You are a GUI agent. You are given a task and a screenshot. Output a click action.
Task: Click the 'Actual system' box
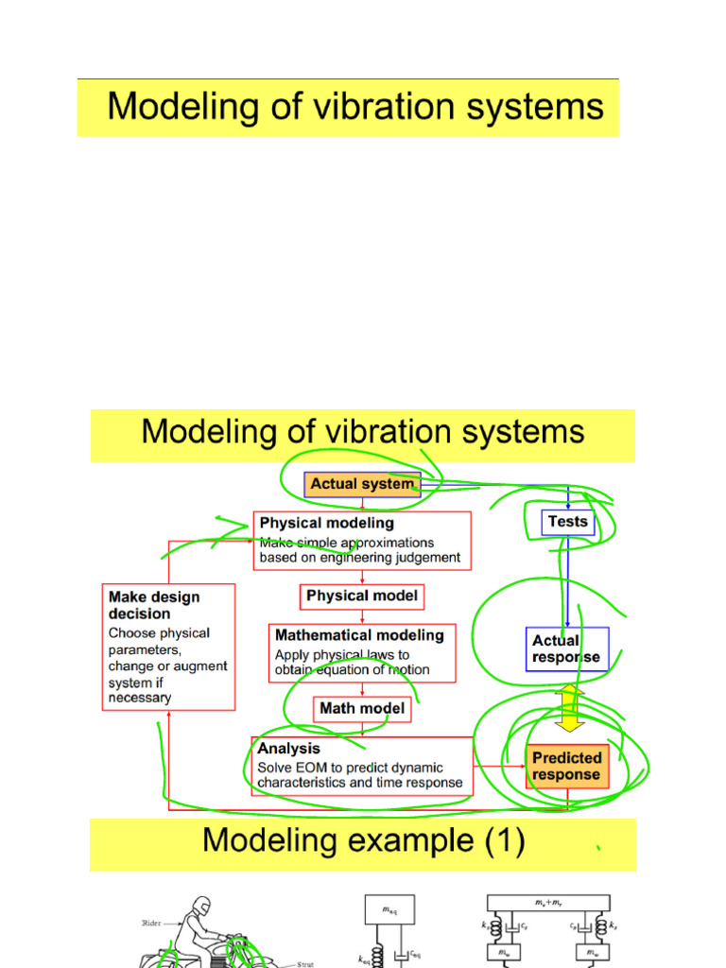pos(362,484)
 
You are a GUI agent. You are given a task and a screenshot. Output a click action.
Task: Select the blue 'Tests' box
pos(567,522)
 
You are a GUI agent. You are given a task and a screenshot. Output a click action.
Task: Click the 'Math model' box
pos(362,708)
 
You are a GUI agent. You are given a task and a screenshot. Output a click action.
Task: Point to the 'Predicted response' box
pos(567,766)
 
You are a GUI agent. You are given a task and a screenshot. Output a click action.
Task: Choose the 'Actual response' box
pos(566,648)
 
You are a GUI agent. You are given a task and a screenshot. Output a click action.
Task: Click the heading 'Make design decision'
pos(154,605)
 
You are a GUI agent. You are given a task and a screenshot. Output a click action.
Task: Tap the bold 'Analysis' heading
pos(289,749)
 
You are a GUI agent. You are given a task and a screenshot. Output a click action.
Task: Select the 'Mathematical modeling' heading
pos(359,636)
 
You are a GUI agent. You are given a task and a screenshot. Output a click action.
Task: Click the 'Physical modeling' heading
pos(327,523)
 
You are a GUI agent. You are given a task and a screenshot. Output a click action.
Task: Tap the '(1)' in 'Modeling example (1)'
pos(497,840)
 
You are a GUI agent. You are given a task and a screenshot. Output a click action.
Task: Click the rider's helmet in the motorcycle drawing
pos(200,905)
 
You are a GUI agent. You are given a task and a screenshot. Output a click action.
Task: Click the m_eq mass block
pos(389,909)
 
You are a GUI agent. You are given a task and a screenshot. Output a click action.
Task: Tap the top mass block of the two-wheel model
pos(548,903)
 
